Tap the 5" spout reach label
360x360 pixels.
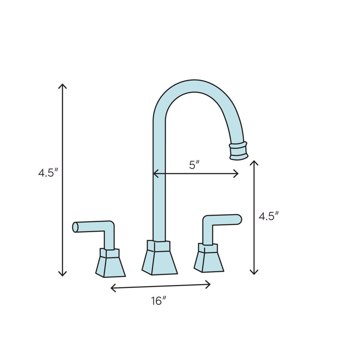tap(194, 165)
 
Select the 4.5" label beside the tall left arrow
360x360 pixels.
tap(48, 173)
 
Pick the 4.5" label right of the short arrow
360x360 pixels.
tap(268, 216)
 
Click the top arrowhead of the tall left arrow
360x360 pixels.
tap(62, 85)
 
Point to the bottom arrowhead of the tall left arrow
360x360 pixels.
tap(62, 274)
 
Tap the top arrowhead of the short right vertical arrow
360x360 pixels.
tap(254, 163)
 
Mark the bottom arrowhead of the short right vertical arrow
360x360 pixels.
tap(254, 273)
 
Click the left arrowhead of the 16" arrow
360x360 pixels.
tap(112, 288)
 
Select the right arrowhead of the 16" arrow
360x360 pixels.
tap(209, 285)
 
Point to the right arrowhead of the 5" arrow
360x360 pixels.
tap(237, 174)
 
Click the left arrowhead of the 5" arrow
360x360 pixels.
tap(155, 174)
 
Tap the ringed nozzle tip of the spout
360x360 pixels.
tap(239, 150)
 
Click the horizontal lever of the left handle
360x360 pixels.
tap(91, 227)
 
